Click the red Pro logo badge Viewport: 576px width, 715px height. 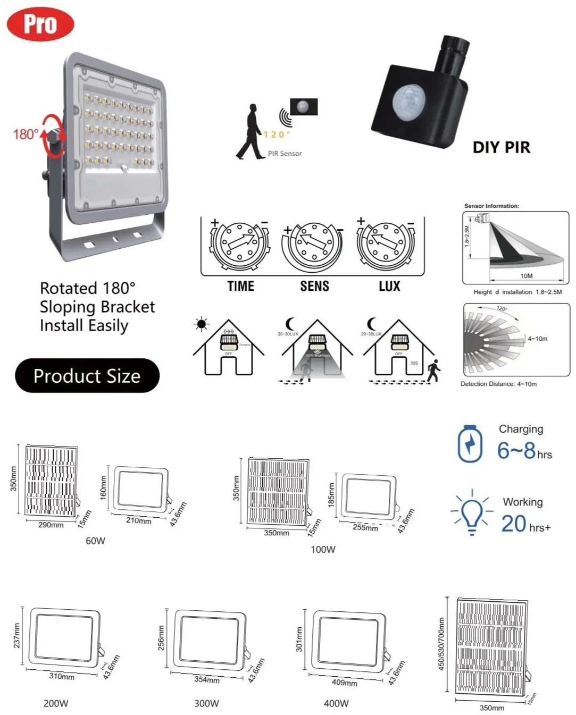point(40,24)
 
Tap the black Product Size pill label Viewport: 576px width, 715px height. point(87,376)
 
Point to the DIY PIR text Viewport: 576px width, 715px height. point(502,147)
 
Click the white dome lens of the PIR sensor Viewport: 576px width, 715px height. point(408,99)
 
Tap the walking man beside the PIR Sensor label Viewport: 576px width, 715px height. point(249,132)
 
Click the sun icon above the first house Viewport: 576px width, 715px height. point(202,324)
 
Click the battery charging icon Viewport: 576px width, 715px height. point(470,443)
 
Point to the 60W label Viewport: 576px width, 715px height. point(96,541)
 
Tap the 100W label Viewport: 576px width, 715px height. point(323,549)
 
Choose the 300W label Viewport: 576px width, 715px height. point(206,703)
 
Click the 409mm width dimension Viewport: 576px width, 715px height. point(345,683)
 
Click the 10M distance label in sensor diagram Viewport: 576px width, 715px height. point(527,276)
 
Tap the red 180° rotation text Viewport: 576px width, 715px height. point(26,134)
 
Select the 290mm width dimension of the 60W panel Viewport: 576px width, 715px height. point(51,525)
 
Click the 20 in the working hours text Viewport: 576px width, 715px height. point(514,524)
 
